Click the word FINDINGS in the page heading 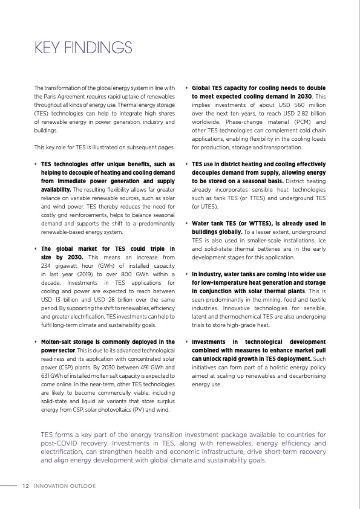[100, 47]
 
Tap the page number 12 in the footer [25, 485]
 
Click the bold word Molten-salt [58, 342]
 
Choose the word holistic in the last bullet [255, 367]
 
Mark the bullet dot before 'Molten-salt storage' [36, 342]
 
